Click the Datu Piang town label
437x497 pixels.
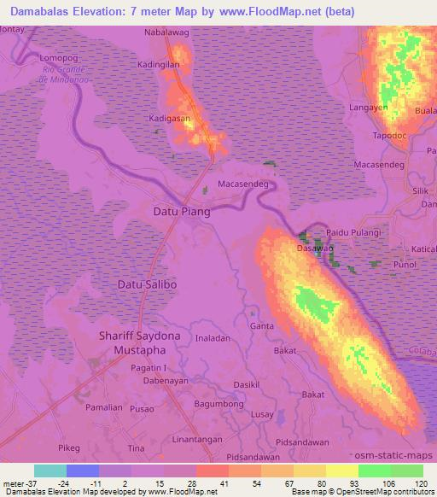click(180, 211)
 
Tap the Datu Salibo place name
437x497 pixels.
click(146, 283)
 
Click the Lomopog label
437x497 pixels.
click(59, 57)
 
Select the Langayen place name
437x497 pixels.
click(369, 108)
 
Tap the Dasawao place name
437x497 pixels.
click(313, 248)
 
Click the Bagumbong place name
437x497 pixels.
click(219, 401)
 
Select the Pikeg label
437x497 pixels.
click(70, 447)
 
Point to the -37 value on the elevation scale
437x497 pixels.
click(20, 483)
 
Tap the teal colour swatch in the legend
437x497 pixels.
click(50, 471)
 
